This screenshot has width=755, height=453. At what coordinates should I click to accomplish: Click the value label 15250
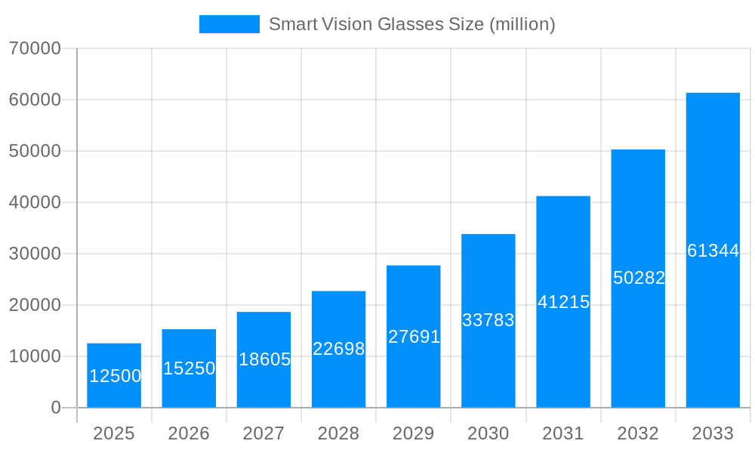(x=190, y=368)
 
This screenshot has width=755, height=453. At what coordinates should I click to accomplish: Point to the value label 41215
(x=563, y=302)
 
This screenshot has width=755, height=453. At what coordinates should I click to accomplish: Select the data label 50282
(x=639, y=278)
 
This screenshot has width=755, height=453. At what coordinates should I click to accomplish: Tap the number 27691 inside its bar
(x=414, y=337)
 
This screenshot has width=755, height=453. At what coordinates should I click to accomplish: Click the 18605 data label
(x=264, y=359)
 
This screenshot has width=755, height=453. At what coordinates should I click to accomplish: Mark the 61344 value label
(x=713, y=251)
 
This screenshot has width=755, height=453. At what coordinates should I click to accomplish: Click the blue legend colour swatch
(x=229, y=24)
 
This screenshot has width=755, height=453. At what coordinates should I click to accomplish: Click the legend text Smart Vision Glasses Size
(x=411, y=24)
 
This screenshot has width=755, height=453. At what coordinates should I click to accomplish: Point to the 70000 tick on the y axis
(x=35, y=48)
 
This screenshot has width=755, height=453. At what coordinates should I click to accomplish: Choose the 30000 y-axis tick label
(x=35, y=254)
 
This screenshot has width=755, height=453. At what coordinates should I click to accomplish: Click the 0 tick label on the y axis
(x=56, y=408)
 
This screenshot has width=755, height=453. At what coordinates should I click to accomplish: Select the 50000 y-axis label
(x=35, y=151)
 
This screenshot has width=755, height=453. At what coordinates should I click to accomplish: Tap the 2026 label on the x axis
(x=189, y=433)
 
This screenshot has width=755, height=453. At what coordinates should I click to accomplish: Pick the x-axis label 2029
(x=414, y=433)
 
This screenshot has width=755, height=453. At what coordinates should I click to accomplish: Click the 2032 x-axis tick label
(x=638, y=433)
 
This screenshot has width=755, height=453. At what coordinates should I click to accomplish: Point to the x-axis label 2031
(x=563, y=433)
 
